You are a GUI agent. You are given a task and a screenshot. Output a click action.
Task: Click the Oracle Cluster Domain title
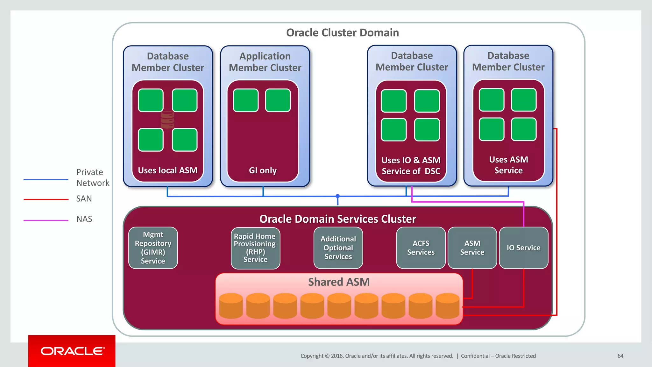pyautogui.click(x=342, y=33)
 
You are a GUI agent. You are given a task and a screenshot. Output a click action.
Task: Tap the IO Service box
pyautogui.click(x=523, y=248)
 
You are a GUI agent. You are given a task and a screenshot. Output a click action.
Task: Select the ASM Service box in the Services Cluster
pyautogui.click(x=472, y=248)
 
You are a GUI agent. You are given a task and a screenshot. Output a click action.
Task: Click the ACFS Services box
pyautogui.click(x=421, y=248)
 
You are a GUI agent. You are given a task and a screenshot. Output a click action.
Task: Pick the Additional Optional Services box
pyautogui.click(x=338, y=248)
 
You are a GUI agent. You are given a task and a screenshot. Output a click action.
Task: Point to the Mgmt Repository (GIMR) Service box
pyautogui.click(x=153, y=248)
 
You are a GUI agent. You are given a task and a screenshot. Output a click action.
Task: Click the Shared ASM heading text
pyautogui.click(x=339, y=282)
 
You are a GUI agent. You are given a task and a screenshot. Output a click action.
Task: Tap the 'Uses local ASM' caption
pyautogui.click(x=167, y=170)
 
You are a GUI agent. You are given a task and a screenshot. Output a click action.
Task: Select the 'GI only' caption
pyautogui.click(x=263, y=170)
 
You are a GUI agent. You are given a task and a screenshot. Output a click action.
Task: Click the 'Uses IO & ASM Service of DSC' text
pyautogui.click(x=411, y=166)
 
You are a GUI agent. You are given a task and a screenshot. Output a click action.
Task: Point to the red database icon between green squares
pyautogui.click(x=167, y=120)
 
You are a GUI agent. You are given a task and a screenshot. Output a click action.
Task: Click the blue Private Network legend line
pyautogui.click(x=46, y=180)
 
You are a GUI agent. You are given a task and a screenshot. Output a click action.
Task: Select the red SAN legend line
pyautogui.click(x=46, y=199)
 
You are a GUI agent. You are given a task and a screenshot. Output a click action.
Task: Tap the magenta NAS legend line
pyautogui.click(x=46, y=220)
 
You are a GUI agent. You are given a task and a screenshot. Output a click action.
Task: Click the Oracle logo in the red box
pyautogui.click(x=72, y=351)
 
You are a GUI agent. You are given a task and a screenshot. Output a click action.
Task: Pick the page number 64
pyautogui.click(x=620, y=356)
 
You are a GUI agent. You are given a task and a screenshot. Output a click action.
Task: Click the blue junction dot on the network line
pyautogui.click(x=338, y=196)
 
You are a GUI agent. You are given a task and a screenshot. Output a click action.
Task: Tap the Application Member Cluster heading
pyautogui.click(x=265, y=62)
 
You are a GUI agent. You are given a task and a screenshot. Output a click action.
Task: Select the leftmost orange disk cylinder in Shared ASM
pyautogui.click(x=231, y=306)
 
